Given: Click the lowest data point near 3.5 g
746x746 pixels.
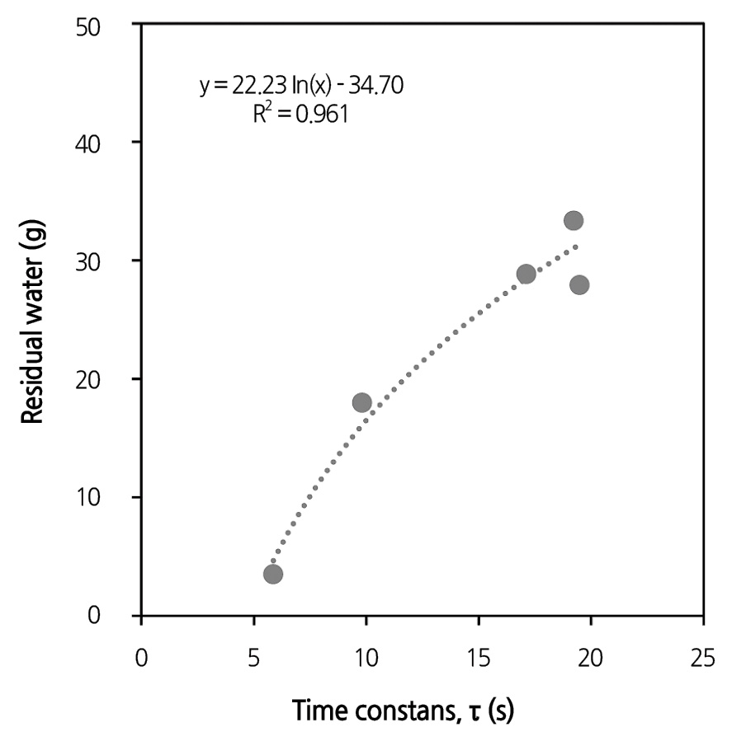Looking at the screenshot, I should point(273,574).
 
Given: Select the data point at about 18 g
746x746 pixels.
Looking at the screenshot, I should point(361,402).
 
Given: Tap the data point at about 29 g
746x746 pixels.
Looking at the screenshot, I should point(526,274).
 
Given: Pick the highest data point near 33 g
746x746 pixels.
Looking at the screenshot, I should point(574,220).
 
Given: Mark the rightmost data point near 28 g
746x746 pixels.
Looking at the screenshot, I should point(579,284).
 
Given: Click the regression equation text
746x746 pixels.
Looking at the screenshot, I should point(301,86).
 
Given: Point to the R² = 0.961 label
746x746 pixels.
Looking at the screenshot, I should point(300,114).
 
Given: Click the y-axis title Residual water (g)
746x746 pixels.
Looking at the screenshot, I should point(32,321).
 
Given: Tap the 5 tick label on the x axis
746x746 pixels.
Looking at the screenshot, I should point(253,659).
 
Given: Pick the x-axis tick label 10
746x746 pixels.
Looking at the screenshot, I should point(366,659).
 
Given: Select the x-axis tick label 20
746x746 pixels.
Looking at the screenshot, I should point(590,659).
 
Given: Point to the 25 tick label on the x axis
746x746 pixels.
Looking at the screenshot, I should point(702,659).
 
